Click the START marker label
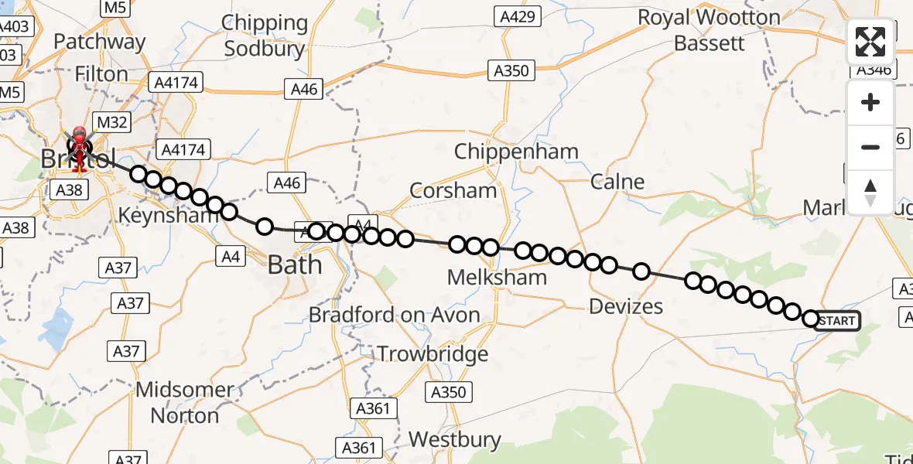click(836, 320)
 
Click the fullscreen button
click(870, 42)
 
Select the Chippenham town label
click(516, 152)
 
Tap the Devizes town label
click(626, 306)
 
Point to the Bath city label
click(295, 265)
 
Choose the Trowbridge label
click(433, 354)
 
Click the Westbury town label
click(454, 439)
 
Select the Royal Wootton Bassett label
click(709, 29)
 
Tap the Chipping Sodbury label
click(265, 36)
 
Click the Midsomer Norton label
click(184, 402)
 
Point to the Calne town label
click(617, 182)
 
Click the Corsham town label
click(453, 190)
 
